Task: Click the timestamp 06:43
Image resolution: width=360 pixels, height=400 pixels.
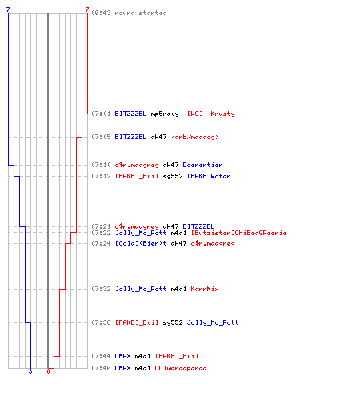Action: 101,13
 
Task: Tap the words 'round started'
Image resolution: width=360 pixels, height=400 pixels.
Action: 141,13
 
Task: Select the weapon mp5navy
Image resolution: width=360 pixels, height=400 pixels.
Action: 165,114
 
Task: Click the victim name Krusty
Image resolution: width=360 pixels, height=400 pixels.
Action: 222,114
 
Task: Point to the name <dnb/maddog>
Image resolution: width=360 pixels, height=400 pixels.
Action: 195,137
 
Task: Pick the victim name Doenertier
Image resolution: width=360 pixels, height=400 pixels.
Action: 202,165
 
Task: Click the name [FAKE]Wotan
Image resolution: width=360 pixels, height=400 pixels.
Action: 209,176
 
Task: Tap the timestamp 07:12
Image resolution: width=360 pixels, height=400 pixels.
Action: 101,176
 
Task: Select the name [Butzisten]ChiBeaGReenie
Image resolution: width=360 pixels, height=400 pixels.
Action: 239,233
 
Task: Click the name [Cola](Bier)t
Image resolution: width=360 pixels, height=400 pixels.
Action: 141,243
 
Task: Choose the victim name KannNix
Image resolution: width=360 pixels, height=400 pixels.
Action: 205,289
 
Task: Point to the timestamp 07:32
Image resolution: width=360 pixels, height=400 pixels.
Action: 101,289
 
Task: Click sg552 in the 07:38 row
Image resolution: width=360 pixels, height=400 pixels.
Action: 173,322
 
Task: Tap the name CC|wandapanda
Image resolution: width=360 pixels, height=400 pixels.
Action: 181,368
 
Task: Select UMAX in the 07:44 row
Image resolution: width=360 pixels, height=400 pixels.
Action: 122,356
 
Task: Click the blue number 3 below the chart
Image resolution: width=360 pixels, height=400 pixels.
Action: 30,371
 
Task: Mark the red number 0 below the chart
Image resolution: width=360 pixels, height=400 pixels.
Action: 48,371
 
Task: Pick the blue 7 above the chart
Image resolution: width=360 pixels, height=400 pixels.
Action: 8,10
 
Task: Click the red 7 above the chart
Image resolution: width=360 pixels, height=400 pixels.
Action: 87,10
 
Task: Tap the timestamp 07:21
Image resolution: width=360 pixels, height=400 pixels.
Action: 101,226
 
